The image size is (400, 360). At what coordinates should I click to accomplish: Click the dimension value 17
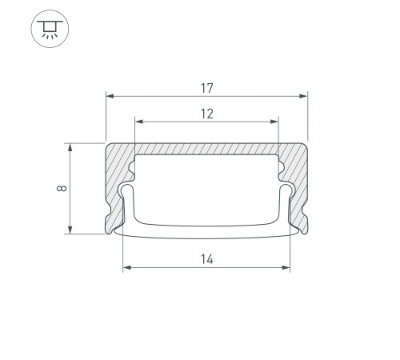(207, 89)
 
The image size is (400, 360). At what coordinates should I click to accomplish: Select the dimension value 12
(207, 114)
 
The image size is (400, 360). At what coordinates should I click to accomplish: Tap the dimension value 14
(207, 259)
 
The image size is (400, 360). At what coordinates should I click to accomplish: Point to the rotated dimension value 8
(62, 188)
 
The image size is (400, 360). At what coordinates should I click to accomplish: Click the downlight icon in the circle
(50, 29)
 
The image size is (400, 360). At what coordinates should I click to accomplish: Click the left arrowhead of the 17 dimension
(110, 96)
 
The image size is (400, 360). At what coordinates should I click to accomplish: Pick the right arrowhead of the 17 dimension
(303, 96)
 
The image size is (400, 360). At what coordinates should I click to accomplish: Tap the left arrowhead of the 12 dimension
(139, 122)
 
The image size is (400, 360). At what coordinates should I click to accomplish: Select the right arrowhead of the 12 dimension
(274, 122)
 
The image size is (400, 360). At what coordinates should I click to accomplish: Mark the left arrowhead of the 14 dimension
(127, 267)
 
